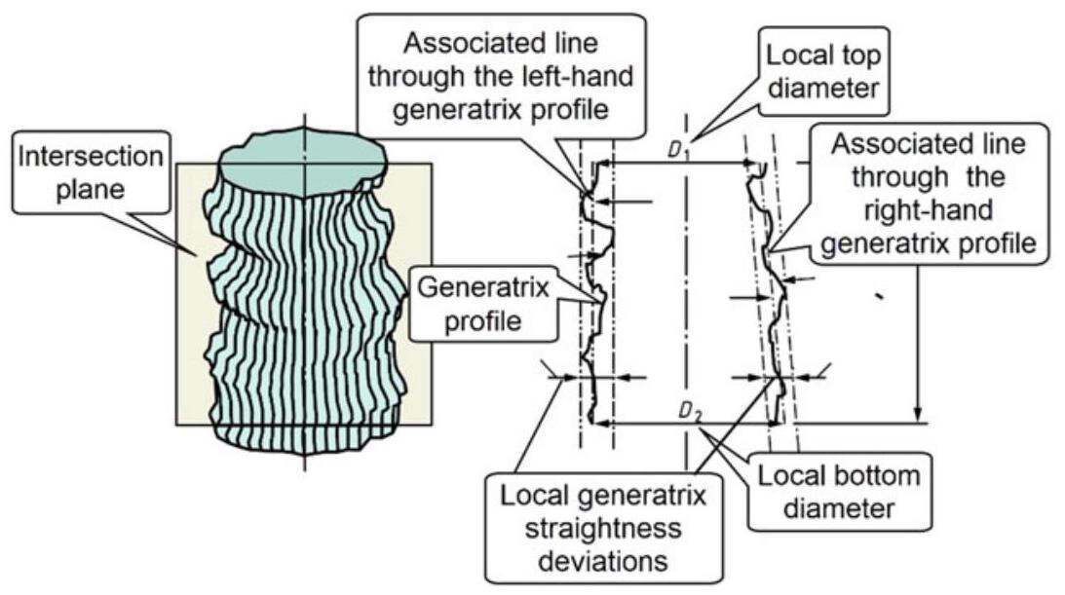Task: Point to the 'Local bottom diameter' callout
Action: pos(838,492)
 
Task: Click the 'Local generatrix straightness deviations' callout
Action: pos(603,523)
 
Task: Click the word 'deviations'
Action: pos(604,561)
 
